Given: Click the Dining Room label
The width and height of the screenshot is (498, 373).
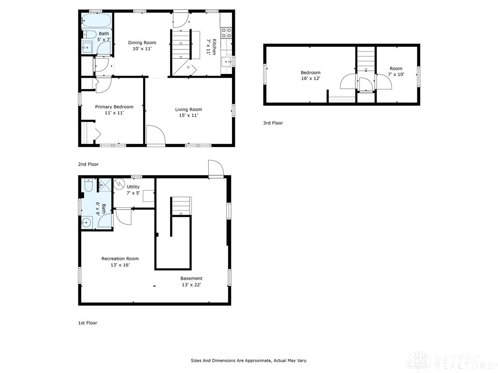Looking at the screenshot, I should (142, 43).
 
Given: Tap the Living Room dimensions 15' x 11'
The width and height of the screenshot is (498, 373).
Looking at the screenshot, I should (188, 116).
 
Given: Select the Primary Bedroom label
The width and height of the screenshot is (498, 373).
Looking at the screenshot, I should (114, 107).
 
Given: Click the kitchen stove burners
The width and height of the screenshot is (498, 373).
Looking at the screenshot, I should (226, 33).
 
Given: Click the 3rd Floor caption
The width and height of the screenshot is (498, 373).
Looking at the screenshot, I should (273, 123).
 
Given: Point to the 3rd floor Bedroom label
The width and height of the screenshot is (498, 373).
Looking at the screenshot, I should (310, 72).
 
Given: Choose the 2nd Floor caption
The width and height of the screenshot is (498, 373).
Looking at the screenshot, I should (89, 165).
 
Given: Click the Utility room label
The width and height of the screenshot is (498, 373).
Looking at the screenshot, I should (133, 187).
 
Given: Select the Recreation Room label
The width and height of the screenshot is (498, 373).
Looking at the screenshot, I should (120, 259).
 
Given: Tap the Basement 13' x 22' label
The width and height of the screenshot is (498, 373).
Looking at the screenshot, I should (191, 279).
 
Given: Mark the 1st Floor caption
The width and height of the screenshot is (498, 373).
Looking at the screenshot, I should (88, 323).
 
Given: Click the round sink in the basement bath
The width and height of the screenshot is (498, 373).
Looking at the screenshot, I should (87, 222).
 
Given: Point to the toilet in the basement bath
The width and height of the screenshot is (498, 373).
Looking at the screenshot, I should (89, 186).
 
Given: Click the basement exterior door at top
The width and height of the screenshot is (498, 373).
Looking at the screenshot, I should (215, 169).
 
